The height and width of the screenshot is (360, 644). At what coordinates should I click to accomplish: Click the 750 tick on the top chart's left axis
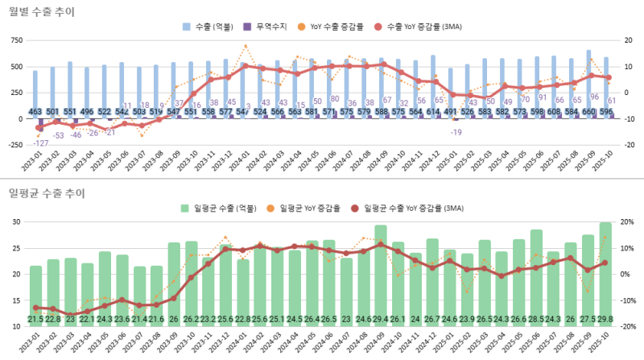16,39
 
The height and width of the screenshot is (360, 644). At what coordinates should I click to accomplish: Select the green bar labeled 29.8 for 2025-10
605,274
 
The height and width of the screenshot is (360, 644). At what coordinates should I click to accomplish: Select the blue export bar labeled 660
588,81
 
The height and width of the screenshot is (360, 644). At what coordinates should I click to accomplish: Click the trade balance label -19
456,131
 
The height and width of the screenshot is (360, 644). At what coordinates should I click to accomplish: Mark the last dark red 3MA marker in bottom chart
605,263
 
